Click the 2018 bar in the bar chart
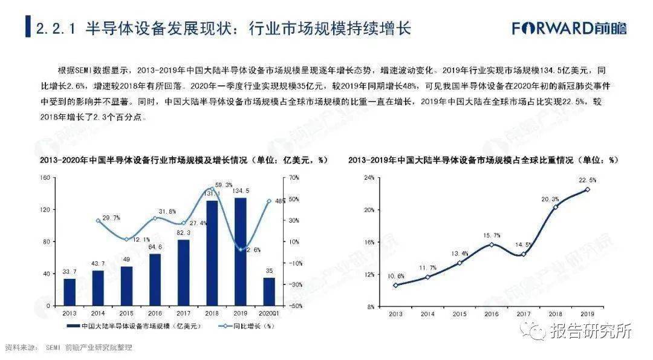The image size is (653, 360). tap(212, 253)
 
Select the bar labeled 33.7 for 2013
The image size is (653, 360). tap(70, 292)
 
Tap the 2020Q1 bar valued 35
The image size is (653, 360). tap(270, 292)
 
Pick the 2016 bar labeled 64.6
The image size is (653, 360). tap(155, 280)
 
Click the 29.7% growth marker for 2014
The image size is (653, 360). tap(98, 220)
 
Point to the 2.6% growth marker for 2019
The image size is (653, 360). tap(240, 250)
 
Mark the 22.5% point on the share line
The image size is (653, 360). tap(587, 189)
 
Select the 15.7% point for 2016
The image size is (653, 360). tap(492, 244)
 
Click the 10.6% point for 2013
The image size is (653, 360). tap(395, 286)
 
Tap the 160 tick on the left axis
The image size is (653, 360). tap(45, 178)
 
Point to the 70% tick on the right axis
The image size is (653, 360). tap(294, 178)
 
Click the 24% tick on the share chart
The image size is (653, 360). tap(369, 178)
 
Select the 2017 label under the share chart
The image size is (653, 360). tap(524, 314)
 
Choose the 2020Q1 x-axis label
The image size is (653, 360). tap(269, 313)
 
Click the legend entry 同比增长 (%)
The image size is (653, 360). tap(246, 326)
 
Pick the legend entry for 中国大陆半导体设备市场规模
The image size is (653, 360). tap(134, 326)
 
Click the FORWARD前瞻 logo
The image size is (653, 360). tap(569, 28)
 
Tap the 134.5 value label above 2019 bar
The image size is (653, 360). tap(240, 191)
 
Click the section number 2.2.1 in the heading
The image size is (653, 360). tap(56, 28)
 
